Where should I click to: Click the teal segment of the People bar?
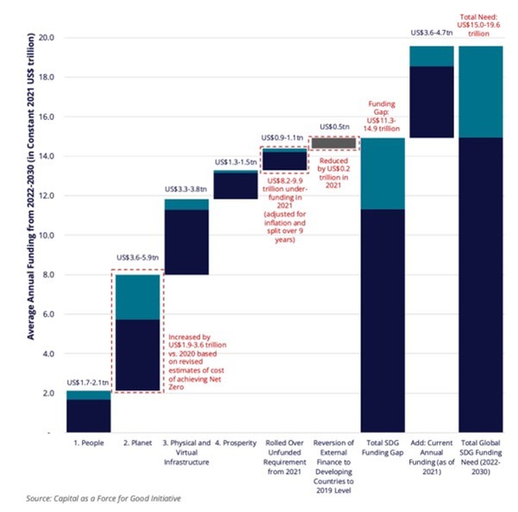tap(89, 395)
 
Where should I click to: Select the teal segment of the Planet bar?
tap(138, 297)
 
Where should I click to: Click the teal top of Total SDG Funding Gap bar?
tap(381, 174)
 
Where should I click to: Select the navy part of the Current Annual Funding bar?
tap(430, 102)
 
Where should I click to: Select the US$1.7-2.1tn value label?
tap(89, 381)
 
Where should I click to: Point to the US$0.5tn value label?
tap(332, 125)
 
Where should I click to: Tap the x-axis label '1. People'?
tap(89, 443)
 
